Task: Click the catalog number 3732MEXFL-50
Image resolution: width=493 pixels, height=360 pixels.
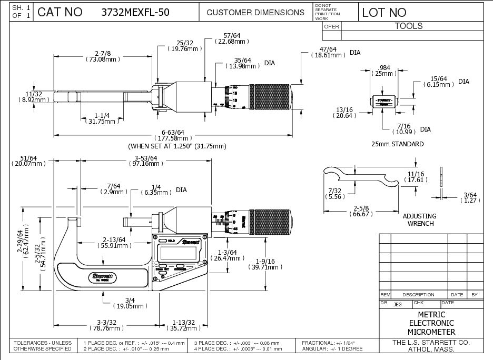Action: pos(135,12)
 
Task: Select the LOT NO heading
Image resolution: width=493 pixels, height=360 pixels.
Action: pos(384,12)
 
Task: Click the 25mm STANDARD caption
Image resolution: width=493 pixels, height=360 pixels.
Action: pos(397,144)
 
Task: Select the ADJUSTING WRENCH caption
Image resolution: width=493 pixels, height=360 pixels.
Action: pos(419,219)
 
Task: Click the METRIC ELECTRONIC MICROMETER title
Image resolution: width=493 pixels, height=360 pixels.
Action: pos(431,323)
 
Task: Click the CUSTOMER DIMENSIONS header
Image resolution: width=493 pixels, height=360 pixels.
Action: pos(255,12)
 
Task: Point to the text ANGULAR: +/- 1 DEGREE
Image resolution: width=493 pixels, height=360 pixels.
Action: pos(332,349)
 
